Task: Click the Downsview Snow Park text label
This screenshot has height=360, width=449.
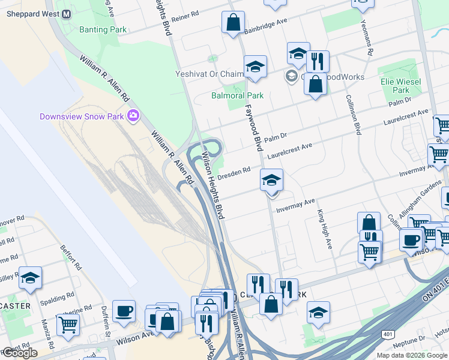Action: pos(82,116)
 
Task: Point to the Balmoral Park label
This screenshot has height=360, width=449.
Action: pos(237,95)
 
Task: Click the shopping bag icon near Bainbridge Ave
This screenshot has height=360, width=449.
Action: pos(232,24)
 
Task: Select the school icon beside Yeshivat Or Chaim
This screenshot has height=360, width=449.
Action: pos(255,67)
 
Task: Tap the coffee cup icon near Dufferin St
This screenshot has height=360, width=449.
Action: pos(124,312)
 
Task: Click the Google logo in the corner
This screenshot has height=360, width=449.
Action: pos(19,353)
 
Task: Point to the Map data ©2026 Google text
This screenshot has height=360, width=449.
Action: pos(412,355)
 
